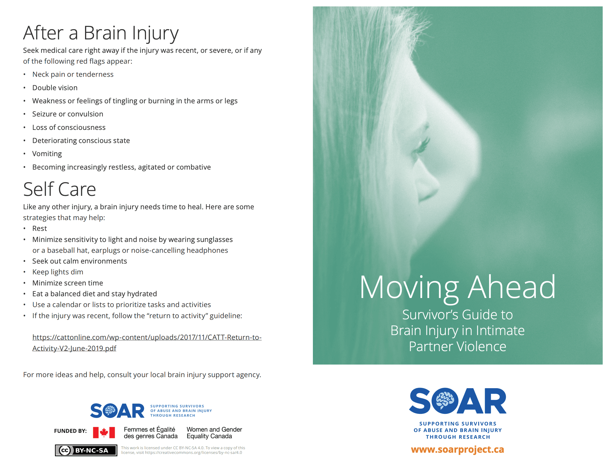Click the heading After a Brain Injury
(100, 33)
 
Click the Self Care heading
(59, 189)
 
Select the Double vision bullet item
(55, 88)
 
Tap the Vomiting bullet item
(47, 154)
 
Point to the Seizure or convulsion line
(67, 114)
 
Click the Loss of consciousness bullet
(69, 128)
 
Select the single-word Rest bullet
(39, 229)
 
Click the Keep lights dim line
(58, 272)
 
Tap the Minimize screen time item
(67, 283)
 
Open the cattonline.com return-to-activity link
(147, 337)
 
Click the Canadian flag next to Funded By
(104, 433)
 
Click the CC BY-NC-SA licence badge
(86, 450)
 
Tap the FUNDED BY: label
(70, 431)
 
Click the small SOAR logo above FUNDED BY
(117, 411)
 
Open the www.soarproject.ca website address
(457, 449)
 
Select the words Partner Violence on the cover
(457, 347)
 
